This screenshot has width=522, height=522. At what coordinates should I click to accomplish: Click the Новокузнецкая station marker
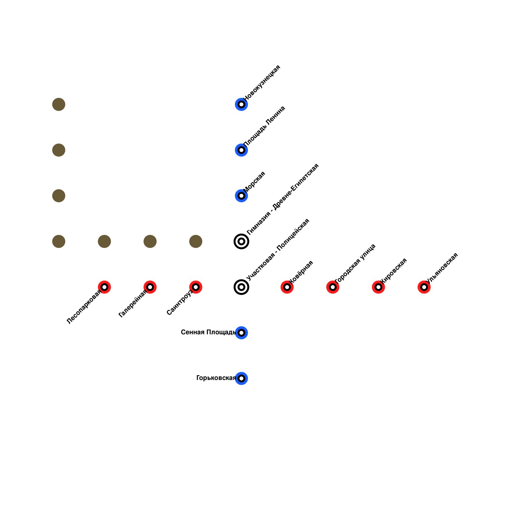tap(241, 104)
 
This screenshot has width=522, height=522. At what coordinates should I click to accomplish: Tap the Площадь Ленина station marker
tap(241, 150)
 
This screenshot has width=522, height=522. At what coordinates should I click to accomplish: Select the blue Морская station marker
tap(241, 196)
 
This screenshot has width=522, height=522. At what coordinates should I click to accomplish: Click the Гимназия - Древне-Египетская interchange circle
tap(241, 241)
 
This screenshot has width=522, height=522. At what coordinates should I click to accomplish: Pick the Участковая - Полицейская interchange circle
tap(241, 287)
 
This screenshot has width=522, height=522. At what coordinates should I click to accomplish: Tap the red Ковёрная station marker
tap(287, 287)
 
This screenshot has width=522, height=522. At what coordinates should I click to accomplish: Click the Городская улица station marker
tap(333, 287)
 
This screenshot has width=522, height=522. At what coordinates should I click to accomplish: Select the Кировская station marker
tap(378, 287)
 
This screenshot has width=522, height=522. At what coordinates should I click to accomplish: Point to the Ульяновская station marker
tap(424, 287)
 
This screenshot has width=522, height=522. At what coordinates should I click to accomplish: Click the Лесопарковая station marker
tap(104, 287)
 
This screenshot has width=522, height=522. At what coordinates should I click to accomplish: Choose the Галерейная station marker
tap(150, 287)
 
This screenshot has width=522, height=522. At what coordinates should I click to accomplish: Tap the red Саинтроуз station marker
tap(196, 287)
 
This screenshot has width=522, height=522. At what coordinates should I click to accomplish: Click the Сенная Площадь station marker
tap(241, 333)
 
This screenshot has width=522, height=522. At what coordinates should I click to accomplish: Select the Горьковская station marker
tap(241, 378)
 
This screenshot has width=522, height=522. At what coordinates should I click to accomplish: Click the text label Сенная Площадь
tap(208, 332)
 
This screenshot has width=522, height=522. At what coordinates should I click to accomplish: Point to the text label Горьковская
tap(216, 378)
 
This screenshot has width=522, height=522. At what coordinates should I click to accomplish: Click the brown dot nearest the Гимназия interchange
tap(196, 241)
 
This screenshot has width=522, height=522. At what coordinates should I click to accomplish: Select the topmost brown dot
tap(59, 104)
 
